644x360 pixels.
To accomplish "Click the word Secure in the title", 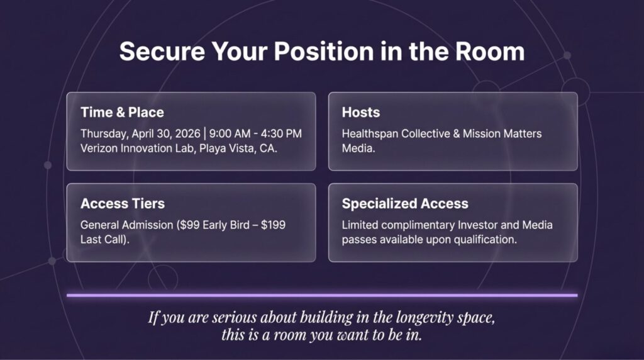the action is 162,52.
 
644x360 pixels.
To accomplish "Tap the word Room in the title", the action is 489,52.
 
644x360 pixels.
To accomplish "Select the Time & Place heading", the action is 122,112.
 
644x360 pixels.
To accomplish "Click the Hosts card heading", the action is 360,112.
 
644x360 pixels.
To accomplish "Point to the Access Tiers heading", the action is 123,203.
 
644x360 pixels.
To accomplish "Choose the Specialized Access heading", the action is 405,204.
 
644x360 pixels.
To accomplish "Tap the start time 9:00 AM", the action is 230,133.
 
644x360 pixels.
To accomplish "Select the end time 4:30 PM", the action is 281,133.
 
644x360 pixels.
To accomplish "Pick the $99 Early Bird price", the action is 214,225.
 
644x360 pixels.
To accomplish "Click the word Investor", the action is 477,225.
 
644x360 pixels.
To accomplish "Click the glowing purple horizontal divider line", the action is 322,295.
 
